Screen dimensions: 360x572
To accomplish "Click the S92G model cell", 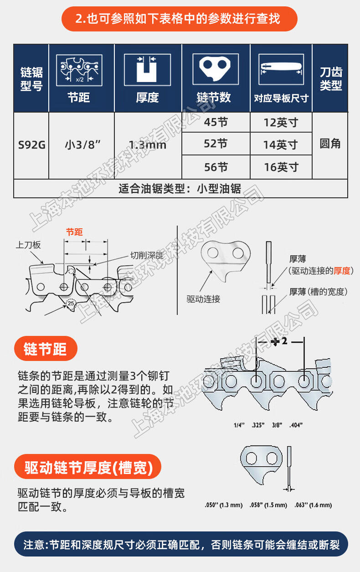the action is tap(31, 145).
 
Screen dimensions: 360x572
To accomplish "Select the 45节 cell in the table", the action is tap(216, 122).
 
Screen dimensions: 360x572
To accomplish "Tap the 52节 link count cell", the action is tap(216, 144).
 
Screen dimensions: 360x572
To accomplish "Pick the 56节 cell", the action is tap(216, 167).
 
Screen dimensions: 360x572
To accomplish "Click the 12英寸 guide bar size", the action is tap(281, 123).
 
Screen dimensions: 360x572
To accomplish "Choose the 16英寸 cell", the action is tap(281, 167).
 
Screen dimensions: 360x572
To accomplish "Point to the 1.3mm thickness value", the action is tap(148, 145).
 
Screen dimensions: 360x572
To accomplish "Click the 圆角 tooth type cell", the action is tap(330, 144).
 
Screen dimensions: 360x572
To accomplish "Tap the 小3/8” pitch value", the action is tap(83, 145).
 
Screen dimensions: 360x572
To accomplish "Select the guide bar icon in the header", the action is tap(281, 69).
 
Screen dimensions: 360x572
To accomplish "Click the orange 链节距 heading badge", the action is tap(46, 349).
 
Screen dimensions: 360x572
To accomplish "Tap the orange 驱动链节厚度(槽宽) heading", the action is tap(88, 467).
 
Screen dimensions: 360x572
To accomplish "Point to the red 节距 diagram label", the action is tap(74, 232).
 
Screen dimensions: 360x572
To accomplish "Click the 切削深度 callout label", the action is tap(147, 255).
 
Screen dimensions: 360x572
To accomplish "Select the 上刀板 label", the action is tap(28, 245).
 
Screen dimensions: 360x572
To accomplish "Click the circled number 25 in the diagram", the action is tap(71, 304).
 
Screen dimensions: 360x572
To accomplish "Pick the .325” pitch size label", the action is tap(258, 425).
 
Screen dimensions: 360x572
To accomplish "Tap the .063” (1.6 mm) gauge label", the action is tap(313, 505).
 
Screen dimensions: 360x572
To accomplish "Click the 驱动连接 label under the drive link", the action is tap(203, 299).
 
